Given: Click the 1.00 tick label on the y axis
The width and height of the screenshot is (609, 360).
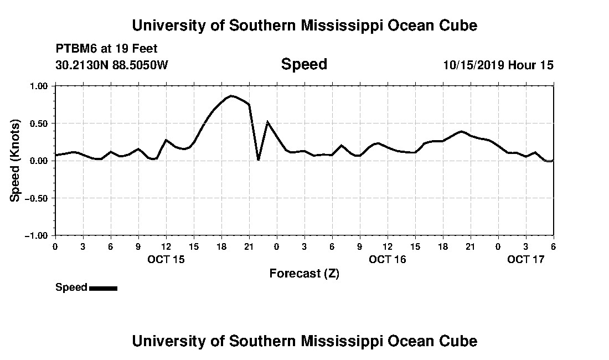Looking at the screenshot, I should pos(39,86).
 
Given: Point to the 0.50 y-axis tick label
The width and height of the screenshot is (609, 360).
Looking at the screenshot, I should pos(39,123).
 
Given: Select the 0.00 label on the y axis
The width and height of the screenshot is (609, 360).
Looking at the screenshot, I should pos(39,161).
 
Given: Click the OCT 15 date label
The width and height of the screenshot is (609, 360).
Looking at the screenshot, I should pos(166,259).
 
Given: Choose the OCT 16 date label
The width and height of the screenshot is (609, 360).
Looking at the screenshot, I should pos(388,259).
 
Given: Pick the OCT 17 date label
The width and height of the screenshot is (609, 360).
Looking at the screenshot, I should pos(526,259).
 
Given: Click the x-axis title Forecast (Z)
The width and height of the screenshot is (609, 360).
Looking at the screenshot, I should pos(304,273).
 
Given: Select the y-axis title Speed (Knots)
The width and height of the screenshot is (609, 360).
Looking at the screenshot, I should pos(16,161).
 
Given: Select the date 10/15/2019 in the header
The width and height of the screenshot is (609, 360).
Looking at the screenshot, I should pos(473,65).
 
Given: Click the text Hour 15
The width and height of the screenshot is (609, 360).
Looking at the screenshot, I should pos(531,65).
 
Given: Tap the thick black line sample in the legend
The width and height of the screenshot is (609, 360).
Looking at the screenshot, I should pos(103,288).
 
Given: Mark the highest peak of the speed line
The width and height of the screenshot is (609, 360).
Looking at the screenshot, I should pos(231,96).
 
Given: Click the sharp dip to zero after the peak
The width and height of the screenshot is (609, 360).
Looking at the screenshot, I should pos(259,160).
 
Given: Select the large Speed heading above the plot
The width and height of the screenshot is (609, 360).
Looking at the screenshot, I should pos(304,64).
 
